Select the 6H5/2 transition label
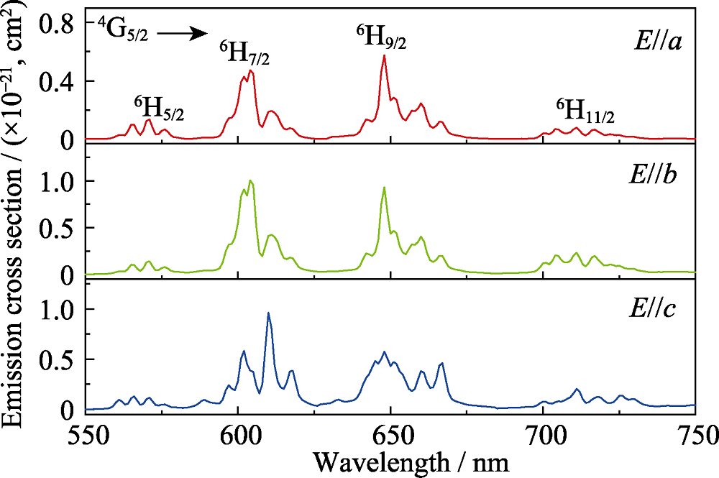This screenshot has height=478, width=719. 159,109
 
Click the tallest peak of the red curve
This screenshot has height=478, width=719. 385,56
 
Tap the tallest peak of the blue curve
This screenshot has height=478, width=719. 268,313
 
